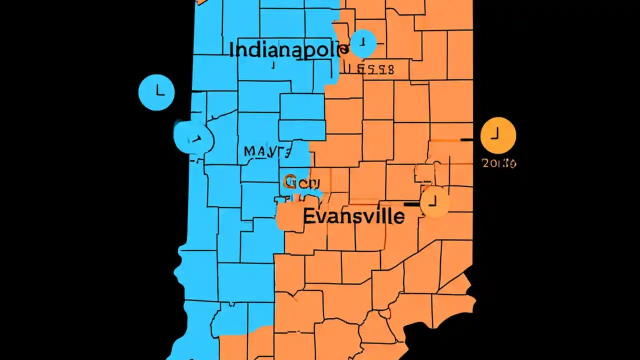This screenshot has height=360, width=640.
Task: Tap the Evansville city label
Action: click(353, 216)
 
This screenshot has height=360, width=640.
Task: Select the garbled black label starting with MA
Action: click(267, 151)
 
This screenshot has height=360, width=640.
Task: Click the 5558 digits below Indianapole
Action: click(370, 69)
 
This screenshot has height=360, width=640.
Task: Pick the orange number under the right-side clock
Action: click(499, 163)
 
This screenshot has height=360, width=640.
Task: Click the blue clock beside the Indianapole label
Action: click(363, 43)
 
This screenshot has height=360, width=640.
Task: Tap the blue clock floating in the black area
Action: click(156, 92)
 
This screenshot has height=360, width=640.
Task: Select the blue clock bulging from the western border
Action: click(193, 136)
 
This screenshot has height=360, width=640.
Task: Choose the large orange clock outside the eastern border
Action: click(498, 135)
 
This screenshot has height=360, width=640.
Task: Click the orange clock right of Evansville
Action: click(434, 202)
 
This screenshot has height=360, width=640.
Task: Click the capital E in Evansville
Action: click(309, 216)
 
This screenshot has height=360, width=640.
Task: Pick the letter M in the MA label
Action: click(250, 151)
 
